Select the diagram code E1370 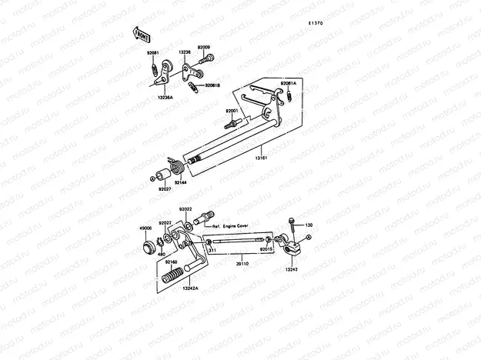coord(318,24)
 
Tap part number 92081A coord(288,82)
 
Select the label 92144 coord(179,182)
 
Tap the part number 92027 coord(165,188)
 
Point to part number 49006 coord(145,228)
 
